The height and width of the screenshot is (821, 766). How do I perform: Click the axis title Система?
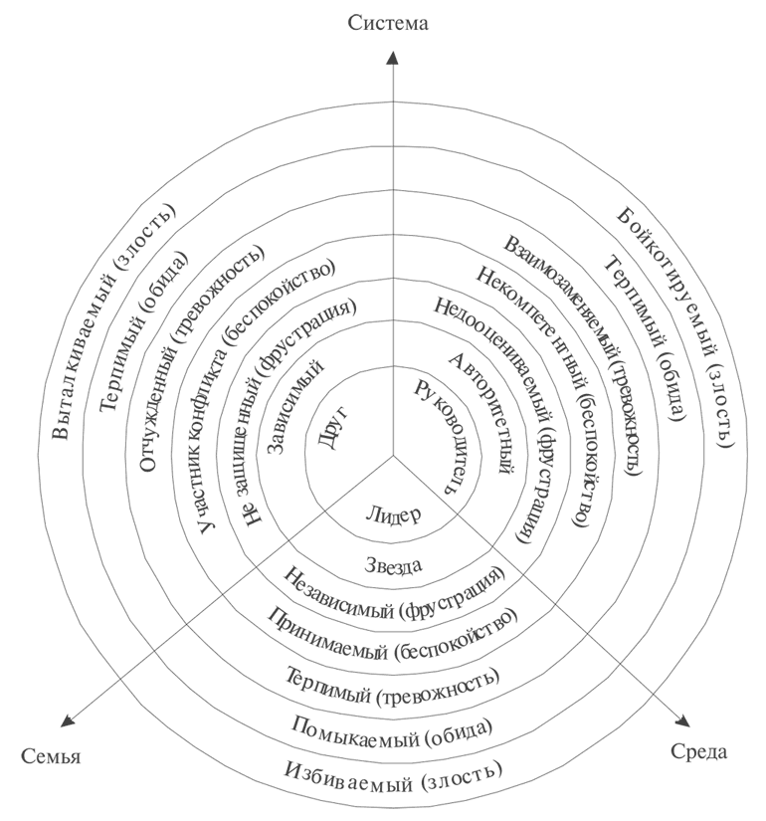[389, 22]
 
